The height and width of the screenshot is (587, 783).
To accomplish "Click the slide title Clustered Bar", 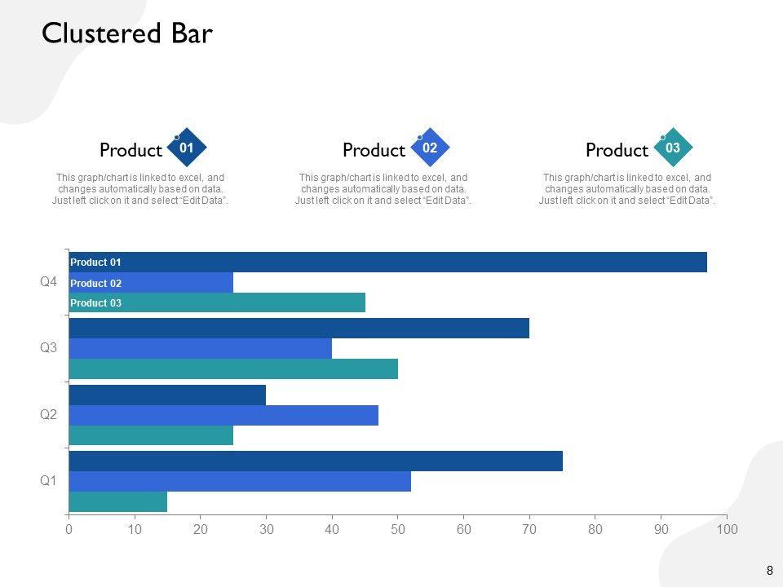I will [126, 34].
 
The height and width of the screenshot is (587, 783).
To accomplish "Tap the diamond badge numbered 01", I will [187, 148].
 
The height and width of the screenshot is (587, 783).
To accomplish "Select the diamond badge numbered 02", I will [430, 148].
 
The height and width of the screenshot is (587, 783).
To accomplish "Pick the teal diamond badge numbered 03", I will [673, 148].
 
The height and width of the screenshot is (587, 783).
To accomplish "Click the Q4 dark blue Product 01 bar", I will [387, 263].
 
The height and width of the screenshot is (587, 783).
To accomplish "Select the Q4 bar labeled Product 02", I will [151, 283].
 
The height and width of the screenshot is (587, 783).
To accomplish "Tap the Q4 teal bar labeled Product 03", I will [217, 303].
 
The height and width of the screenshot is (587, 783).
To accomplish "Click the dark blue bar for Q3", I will [299, 329].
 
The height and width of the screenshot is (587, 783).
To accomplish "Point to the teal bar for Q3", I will [233, 369].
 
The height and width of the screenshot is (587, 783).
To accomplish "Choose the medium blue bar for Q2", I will [223, 415].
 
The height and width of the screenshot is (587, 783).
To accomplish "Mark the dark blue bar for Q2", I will [167, 395].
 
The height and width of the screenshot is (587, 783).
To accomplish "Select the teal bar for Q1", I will [118, 501].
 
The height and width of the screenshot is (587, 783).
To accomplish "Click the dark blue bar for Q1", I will [316, 461].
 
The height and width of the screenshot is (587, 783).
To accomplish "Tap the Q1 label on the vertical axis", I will [49, 481].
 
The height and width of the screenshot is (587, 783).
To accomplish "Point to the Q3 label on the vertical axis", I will [49, 348].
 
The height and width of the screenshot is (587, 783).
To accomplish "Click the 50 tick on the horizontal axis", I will [398, 530].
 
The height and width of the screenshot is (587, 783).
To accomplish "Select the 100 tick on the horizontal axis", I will [727, 530].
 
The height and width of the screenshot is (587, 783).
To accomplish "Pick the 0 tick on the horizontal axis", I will [69, 530].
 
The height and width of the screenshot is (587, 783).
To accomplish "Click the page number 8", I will [769, 571].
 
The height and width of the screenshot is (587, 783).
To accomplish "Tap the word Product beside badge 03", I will [617, 151].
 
